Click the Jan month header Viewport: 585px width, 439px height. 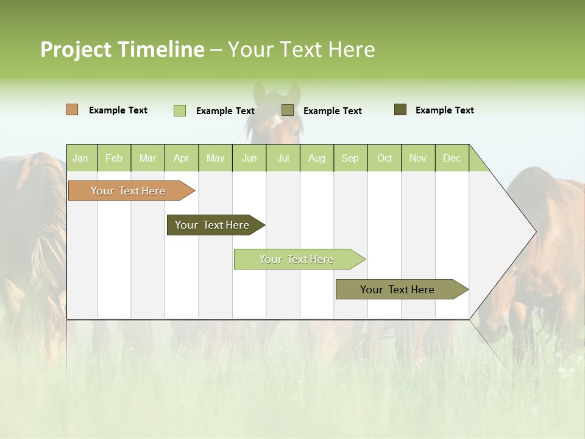[81, 158]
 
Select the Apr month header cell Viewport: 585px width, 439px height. [182, 158]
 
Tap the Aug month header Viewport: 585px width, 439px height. [317, 158]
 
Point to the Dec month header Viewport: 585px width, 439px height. [452, 158]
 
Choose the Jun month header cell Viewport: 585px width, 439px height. [249, 158]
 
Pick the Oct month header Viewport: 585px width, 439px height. [385, 158]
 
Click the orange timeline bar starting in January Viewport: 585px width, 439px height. [129, 191]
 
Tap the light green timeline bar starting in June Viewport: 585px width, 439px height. [297, 259]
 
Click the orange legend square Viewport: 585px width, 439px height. [73, 110]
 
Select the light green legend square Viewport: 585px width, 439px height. [180, 110]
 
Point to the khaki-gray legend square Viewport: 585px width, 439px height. [288, 110]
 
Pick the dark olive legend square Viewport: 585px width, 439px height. [400, 110]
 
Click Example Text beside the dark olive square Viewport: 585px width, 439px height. [444, 110]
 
